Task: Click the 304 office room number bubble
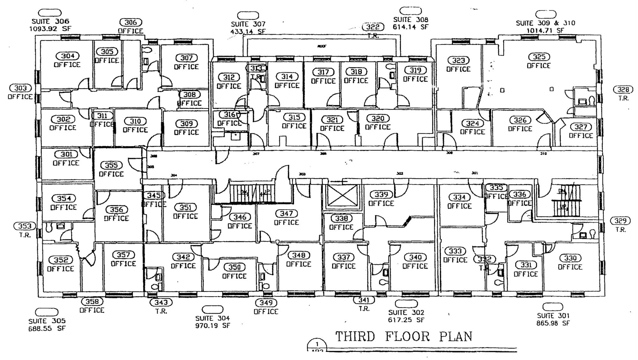(68, 56)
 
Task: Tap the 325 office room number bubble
(539, 57)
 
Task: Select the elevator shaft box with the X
(343, 195)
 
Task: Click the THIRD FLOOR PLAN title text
(403, 337)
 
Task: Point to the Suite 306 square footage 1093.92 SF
(50, 29)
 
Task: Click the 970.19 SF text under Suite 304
(212, 326)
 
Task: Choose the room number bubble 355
(111, 165)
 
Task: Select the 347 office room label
(286, 217)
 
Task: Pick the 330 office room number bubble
(570, 258)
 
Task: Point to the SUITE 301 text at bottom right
(553, 316)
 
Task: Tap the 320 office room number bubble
(378, 119)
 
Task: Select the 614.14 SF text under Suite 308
(410, 27)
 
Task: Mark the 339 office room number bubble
(381, 195)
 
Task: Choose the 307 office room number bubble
(187, 58)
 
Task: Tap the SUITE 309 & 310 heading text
(545, 23)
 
